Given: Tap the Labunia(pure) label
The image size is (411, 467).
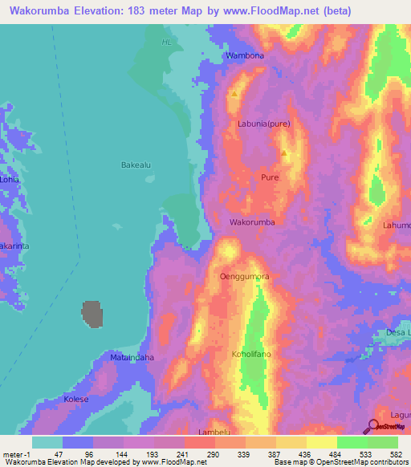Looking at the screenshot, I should point(264,124).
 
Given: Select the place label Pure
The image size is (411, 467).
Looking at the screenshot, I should point(269,177).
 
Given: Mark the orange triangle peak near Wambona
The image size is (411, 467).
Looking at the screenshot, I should point(234,94).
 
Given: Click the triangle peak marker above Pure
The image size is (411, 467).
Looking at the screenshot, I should point(284,152).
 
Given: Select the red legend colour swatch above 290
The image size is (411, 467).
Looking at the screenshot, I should point(199,442).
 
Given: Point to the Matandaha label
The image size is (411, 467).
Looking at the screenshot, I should point(132,356).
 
